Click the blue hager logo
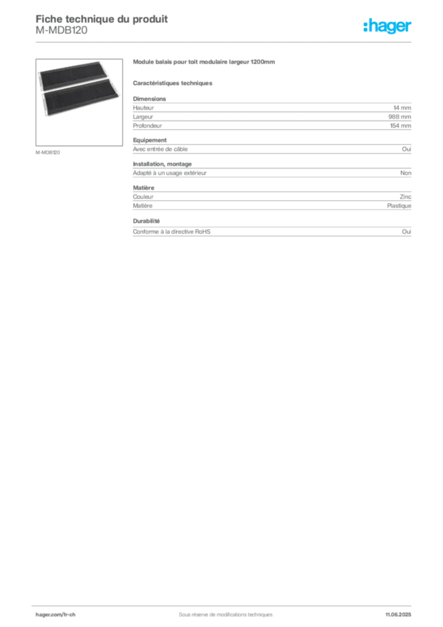(x=388, y=28)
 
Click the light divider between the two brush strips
(x=81, y=89)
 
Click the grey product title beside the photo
(x=205, y=63)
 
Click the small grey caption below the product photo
(x=48, y=151)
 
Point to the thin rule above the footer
(x=224, y=603)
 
